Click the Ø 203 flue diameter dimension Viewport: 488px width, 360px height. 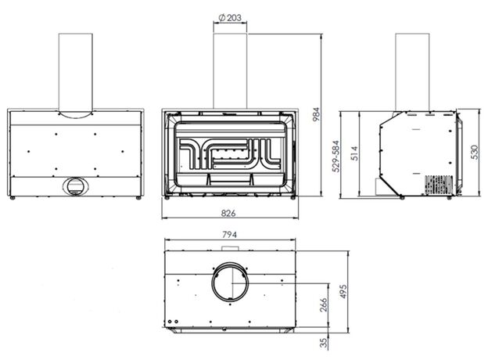pyautogui.click(x=230, y=18)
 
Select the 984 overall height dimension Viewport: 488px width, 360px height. pyautogui.click(x=316, y=114)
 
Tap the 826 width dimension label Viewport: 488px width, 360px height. pyautogui.click(x=228, y=214)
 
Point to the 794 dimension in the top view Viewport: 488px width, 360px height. pyautogui.click(x=229, y=234)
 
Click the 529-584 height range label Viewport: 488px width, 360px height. pyautogui.click(x=335, y=157)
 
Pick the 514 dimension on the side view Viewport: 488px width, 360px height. pyautogui.click(x=354, y=153)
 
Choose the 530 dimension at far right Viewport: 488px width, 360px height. pyautogui.click(x=474, y=153)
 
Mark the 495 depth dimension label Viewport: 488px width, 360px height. pyautogui.click(x=343, y=291)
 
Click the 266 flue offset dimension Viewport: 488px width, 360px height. pyautogui.click(x=324, y=305)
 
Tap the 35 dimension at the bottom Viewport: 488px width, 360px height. pyautogui.click(x=324, y=343)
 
